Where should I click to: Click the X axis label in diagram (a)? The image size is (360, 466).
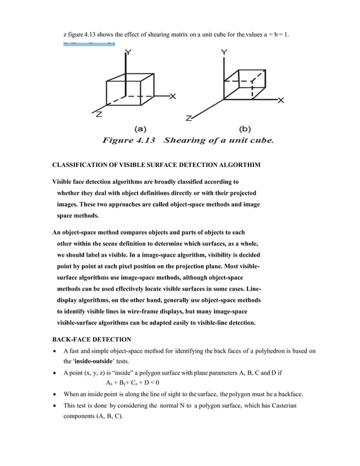(x=173, y=96)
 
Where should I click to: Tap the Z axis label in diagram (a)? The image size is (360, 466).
(x=99, y=114)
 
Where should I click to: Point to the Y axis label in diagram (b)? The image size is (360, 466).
(x=225, y=52)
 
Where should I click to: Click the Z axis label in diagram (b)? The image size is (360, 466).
(x=190, y=118)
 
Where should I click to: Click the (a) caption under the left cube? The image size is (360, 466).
(x=141, y=128)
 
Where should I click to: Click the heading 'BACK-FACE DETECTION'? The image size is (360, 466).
(x=91, y=339)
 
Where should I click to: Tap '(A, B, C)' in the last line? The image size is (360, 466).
(x=104, y=416)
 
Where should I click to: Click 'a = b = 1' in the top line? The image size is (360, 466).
(x=277, y=35)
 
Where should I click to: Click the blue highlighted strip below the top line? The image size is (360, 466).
(x=89, y=43)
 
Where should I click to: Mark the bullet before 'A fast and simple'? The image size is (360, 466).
(x=54, y=351)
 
